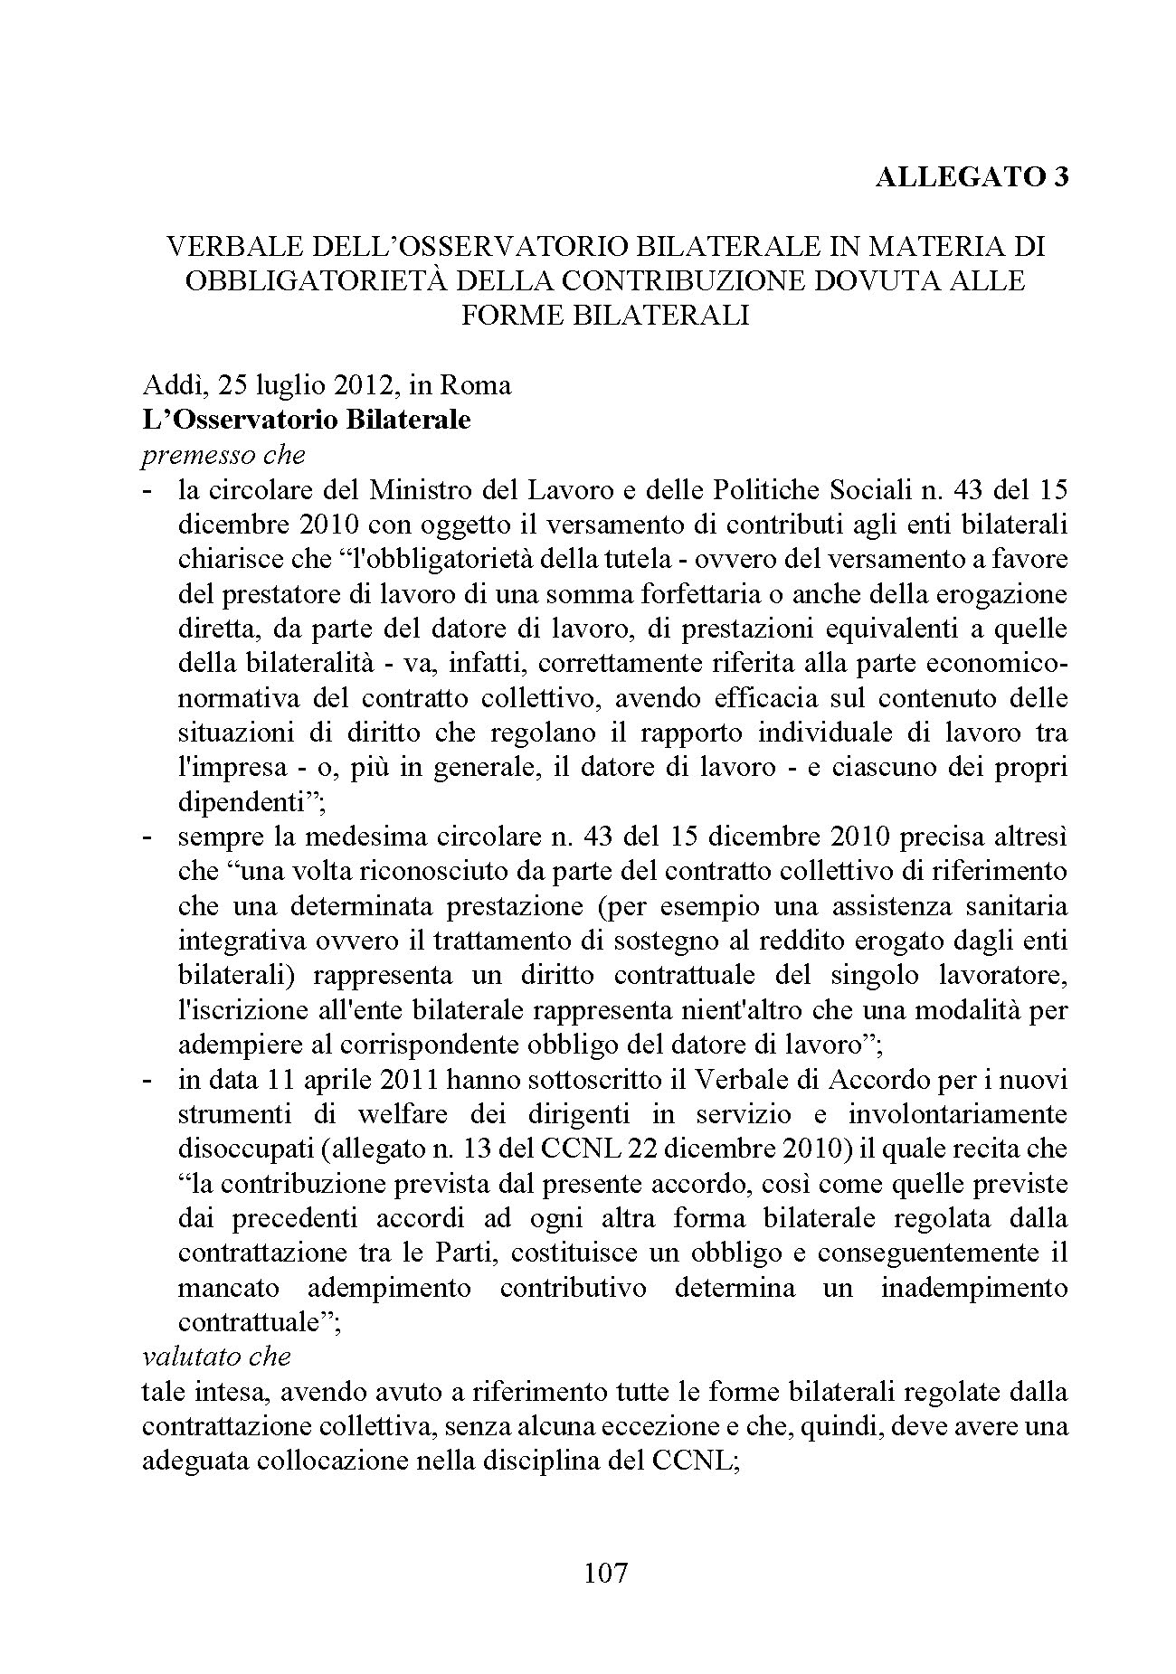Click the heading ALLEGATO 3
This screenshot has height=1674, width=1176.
[x=972, y=177]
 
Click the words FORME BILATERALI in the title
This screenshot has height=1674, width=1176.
[x=605, y=315]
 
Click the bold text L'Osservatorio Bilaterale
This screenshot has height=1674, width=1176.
[x=307, y=421]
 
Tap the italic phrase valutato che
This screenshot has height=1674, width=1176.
[x=216, y=1357]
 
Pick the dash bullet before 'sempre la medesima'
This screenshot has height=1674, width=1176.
[x=148, y=837]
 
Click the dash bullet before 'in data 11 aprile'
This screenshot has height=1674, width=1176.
[x=148, y=1081]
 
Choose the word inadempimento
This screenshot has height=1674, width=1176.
[x=974, y=1288]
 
